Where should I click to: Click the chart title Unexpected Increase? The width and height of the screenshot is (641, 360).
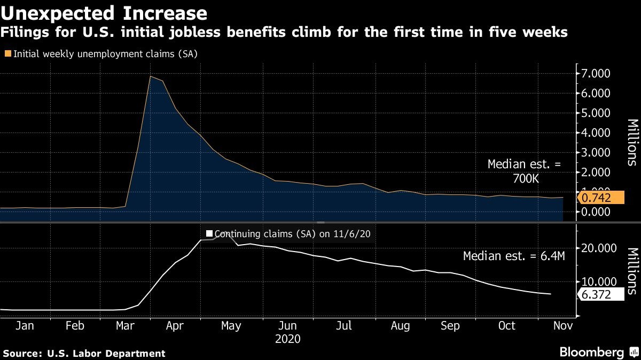[104, 12]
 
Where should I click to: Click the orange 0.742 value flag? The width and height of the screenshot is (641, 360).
[600, 198]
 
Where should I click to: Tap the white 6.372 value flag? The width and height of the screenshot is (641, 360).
[600, 295]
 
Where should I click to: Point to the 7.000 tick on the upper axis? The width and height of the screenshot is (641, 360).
[596, 73]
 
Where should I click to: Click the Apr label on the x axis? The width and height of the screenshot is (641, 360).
[175, 326]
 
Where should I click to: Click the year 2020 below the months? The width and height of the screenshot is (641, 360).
[287, 339]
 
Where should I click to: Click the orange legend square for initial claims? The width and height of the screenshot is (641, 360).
[7, 53]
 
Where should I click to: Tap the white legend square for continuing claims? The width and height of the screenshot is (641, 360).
[209, 233]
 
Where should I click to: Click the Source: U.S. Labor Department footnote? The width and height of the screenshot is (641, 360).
[84, 353]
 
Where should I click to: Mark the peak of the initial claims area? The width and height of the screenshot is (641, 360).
[151, 76]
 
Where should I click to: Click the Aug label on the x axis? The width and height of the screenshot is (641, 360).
[401, 326]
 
